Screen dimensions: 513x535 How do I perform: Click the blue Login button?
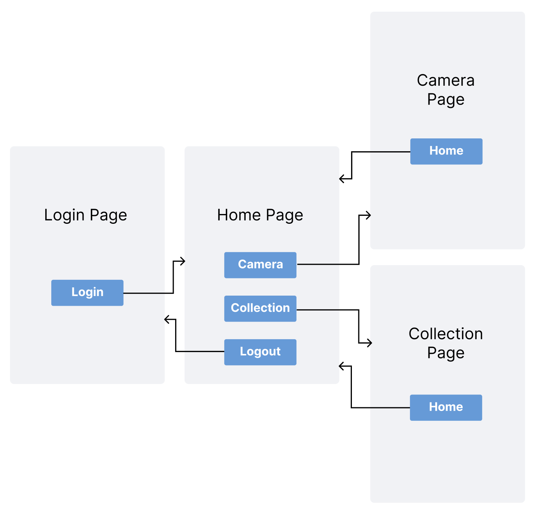coord(87,293)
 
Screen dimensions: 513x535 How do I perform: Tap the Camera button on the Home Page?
coord(260,265)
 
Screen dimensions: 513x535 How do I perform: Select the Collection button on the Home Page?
coord(260,308)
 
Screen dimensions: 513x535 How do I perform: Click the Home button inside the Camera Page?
coord(446,151)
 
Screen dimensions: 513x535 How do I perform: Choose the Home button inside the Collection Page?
coord(446,407)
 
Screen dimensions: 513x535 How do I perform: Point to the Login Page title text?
coord(86,215)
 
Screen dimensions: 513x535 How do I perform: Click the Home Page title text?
coord(260,215)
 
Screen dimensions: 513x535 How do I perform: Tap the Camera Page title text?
coord(446,90)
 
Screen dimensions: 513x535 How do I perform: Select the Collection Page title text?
coord(446,343)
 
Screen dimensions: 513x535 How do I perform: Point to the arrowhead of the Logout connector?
coord(167,320)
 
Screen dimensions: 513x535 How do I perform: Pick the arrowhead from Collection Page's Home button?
coord(341,366)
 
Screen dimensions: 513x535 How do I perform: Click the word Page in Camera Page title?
coord(446,100)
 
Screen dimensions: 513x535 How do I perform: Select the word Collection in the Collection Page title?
coord(446,334)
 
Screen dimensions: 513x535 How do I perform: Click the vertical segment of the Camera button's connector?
coord(359,241)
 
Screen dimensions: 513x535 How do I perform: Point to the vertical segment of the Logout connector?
coord(176,335)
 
